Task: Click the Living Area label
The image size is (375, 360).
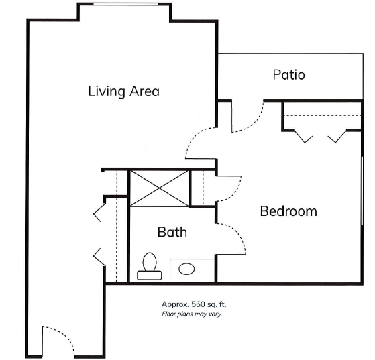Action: [x=123, y=91]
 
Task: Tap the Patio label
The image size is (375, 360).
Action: [x=288, y=74]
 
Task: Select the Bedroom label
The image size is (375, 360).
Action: [x=288, y=211]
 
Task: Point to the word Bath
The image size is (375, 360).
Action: [x=172, y=232]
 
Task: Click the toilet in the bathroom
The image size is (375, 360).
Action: [x=150, y=266]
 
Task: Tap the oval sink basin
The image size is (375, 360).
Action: [x=186, y=269]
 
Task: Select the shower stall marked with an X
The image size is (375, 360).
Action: [x=159, y=188]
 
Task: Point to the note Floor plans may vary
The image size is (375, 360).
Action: [x=192, y=314]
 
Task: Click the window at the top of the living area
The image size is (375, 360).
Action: [x=125, y=4]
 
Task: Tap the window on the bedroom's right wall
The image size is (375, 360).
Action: [x=362, y=191]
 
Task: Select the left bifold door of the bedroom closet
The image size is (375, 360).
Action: [x=303, y=136]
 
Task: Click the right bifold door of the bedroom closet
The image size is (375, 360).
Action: [x=337, y=136]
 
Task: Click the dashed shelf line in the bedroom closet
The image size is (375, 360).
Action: [x=323, y=115]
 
